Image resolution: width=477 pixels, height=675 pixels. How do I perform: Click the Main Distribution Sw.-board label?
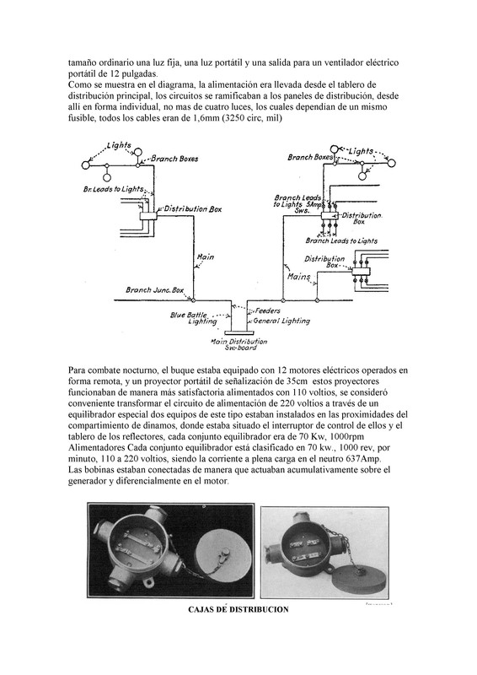pyautogui.click(x=238, y=344)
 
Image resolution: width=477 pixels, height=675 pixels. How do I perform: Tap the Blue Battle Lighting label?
pyautogui.click(x=195, y=318)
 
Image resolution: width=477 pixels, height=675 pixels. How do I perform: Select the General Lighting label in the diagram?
pyautogui.click(x=281, y=321)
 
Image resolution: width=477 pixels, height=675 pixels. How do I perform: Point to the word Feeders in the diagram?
pyautogui.click(x=267, y=310)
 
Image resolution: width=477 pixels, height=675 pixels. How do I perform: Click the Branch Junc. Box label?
pyautogui.click(x=155, y=289)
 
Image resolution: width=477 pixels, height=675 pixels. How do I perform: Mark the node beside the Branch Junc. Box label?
pyautogui.click(x=193, y=300)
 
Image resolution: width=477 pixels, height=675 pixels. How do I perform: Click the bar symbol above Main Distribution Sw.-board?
pyautogui.click(x=239, y=332)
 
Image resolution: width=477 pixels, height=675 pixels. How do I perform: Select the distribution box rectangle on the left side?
pyautogui.click(x=148, y=216)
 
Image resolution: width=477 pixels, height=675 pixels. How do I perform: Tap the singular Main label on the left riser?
pyautogui.click(x=205, y=257)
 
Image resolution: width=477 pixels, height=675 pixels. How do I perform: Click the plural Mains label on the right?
pyautogui.click(x=298, y=277)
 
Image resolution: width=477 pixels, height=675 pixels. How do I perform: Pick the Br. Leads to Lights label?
pyautogui.click(x=113, y=189)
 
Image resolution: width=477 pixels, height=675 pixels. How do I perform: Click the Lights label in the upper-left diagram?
pyautogui.click(x=119, y=145)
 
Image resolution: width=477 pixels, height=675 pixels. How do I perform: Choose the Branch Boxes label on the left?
pyautogui.click(x=174, y=159)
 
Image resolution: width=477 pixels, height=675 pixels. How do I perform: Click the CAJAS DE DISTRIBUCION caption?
pyautogui.click(x=238, y=609)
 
